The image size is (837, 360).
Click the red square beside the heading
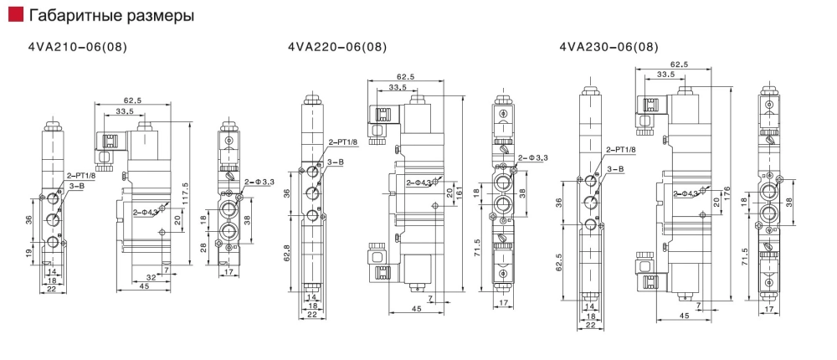13,16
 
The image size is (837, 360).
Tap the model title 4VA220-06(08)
337,47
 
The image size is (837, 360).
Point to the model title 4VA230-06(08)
608,47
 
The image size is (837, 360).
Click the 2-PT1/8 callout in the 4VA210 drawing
80,175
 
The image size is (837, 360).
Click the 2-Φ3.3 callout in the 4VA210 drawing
256,182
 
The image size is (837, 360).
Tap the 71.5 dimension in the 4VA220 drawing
476,250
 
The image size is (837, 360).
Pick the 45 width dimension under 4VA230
685,316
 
